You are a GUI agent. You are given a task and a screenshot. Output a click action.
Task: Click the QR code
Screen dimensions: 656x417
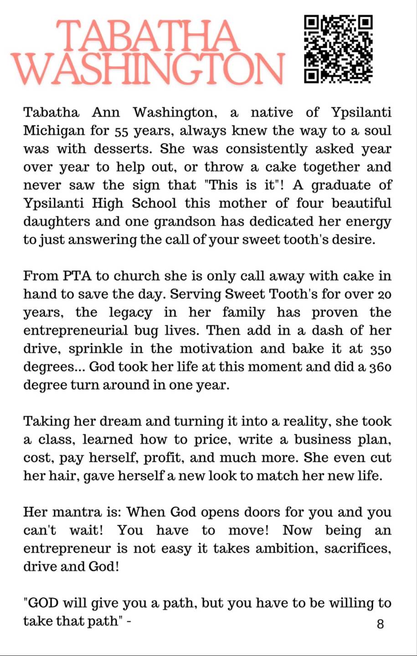(x=338, y=49)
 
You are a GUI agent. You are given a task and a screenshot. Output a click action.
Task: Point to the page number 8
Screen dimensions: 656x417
(x=381, y=624)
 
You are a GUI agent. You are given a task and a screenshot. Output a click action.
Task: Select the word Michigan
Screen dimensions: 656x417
(x=54, y=131)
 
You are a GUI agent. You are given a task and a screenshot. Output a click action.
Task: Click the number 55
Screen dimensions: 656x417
(x=121, y=132)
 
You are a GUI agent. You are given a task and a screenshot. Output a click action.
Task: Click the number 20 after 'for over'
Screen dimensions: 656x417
(x=384, y=295)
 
